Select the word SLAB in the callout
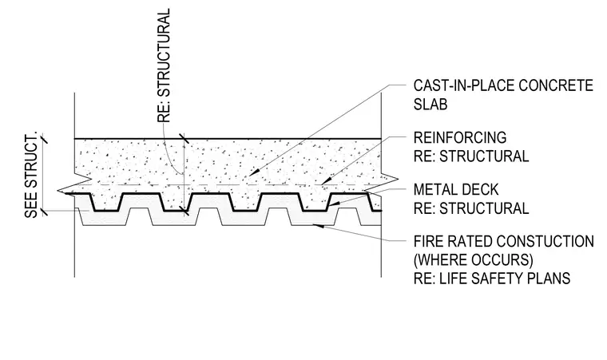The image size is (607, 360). coord(430,104)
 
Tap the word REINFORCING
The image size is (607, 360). coord(460,138)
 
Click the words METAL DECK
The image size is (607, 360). coord(456,190)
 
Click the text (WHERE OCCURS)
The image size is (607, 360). coord(473,259)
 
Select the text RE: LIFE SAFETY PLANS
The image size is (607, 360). coord(492,279)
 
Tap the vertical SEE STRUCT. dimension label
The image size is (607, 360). coord(31,176)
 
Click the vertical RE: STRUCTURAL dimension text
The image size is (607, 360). coord(164,65)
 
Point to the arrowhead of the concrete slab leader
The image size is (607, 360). coord(252,173)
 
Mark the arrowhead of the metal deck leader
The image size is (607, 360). coord(335,204)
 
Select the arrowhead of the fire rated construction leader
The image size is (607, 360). coord(317,226)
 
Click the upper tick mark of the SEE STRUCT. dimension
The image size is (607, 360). coord(44,138)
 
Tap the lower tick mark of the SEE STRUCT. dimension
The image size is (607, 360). coord(44,211)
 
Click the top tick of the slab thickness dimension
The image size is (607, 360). coord(184,139)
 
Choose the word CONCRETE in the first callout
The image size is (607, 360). coord(556,85)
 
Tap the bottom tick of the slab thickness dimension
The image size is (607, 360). coord(184,211)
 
